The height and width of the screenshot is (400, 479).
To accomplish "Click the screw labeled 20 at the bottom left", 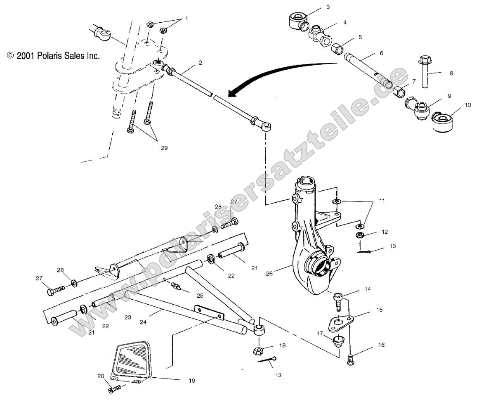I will click(115, 388).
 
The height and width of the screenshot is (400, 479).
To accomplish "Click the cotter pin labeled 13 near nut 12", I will click(363, 252).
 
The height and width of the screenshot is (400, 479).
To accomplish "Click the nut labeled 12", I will click(360, 236).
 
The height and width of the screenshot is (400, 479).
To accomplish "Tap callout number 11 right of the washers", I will click(382, 201).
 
